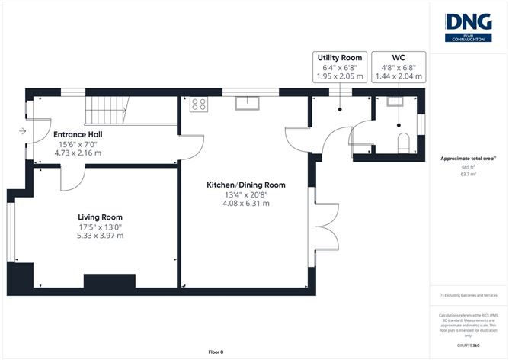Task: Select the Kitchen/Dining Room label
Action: tap(245, 185)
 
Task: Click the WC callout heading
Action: tap(398, 58)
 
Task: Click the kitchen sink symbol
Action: tap(248, 103)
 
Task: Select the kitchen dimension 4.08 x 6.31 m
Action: tap(245, 204)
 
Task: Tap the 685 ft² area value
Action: tap(468, 166)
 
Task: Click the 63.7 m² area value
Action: tap(468, 174)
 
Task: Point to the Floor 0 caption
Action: tap(216, 352)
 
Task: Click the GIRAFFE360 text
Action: tap(468, 346)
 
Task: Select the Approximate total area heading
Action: tap(467, 158)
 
